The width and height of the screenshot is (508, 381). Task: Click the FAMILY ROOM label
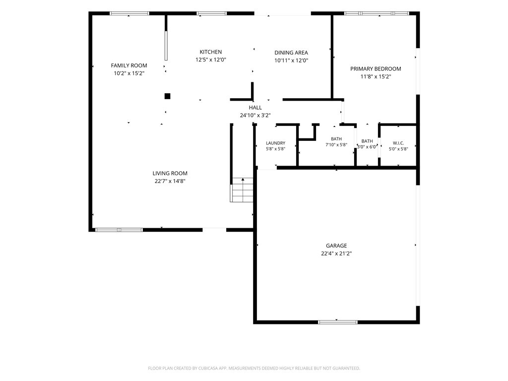coord(129,65)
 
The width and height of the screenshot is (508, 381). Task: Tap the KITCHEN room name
coord(210,52)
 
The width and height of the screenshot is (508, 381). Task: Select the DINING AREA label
coord(291,53)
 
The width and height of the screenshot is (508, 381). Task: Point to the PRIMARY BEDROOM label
coord(376,68)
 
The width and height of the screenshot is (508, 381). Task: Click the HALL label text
coord(255,108)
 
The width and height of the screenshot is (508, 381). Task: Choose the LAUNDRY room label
coord(275,143)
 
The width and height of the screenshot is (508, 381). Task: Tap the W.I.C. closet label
coord(398,143)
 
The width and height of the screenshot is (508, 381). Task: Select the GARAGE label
coord(336,246)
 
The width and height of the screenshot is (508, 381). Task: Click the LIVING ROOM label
coord(170,173)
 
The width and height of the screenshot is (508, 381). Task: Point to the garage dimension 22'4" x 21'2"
coord(336,254)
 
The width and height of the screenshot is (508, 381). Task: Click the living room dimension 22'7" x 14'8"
coord(170,181)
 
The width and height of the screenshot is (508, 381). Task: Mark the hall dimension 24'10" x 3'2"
coord(255,115)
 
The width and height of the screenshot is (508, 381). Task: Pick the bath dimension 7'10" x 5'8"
coord(336,145)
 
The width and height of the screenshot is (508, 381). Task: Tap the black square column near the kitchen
coord(168,96)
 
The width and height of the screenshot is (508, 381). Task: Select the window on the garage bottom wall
coord(337,322)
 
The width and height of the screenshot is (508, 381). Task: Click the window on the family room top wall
coord(129,13)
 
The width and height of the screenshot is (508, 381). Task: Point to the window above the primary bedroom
coord(377,13)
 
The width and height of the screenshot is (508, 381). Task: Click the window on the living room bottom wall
coord(119,230)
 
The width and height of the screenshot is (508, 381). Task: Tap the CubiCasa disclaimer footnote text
coord(254,369)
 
